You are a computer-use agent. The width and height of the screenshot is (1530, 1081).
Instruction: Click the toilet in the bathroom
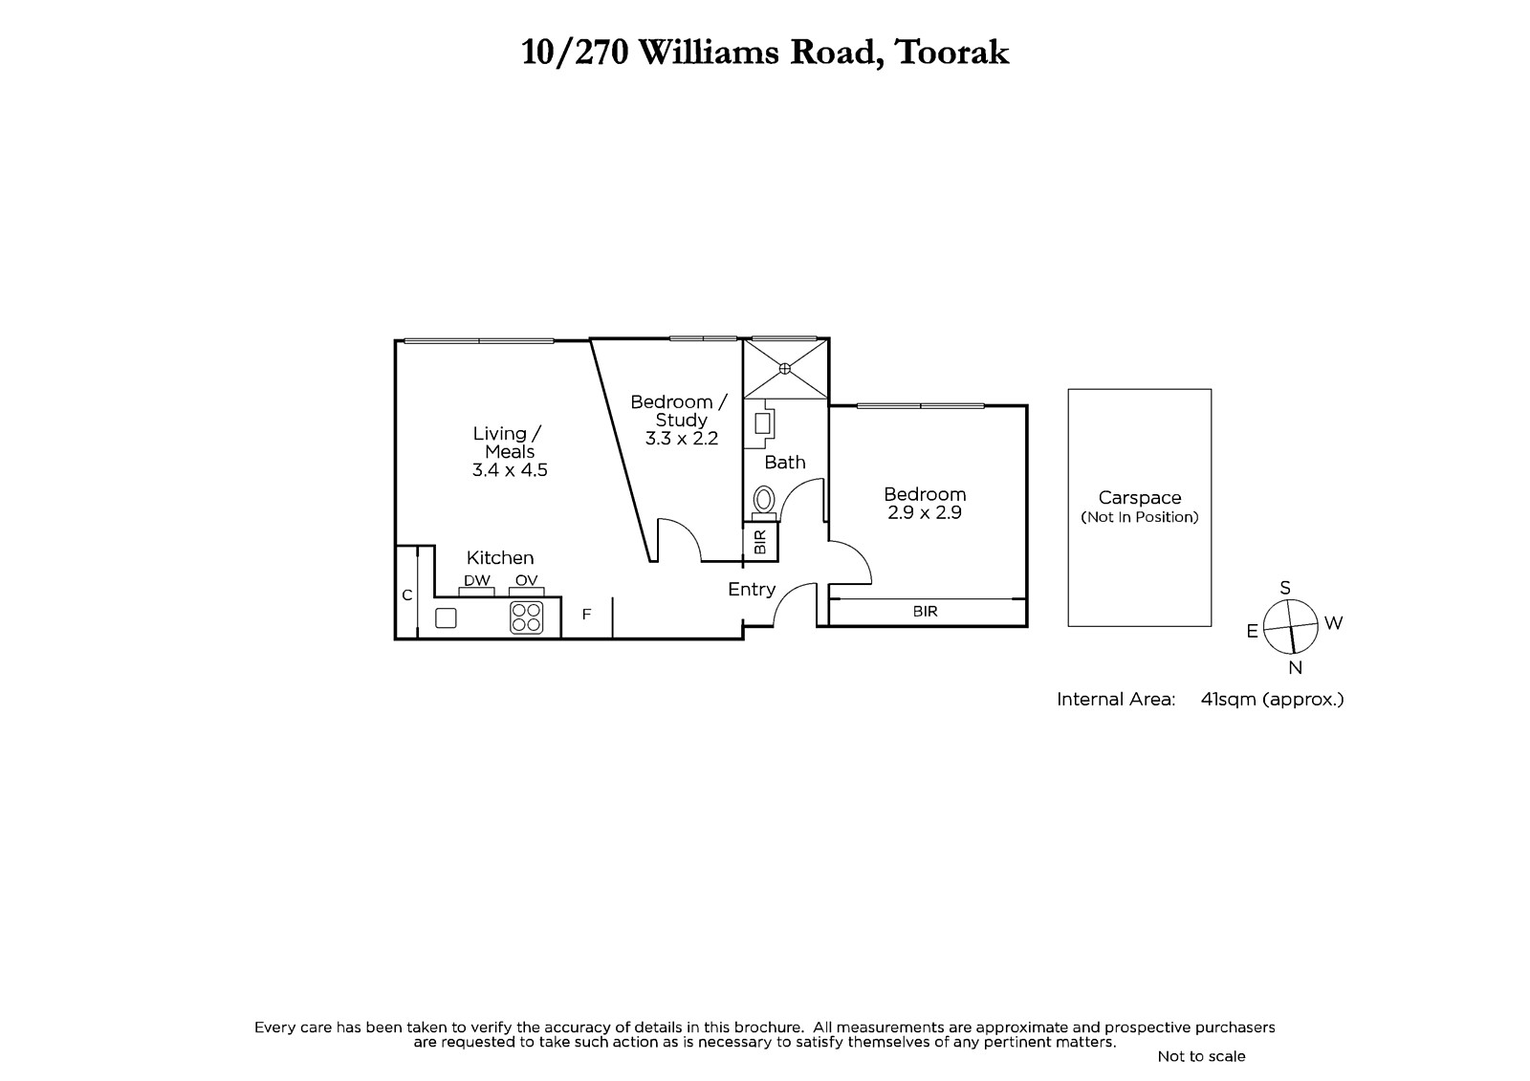point(764,504)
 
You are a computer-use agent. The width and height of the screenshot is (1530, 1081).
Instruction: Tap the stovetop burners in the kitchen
point(527,617)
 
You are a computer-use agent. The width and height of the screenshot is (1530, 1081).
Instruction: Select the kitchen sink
point(446,618)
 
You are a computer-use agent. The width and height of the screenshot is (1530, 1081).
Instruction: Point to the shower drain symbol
point(785,369)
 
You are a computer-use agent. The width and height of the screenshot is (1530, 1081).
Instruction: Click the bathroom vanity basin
point(762,423)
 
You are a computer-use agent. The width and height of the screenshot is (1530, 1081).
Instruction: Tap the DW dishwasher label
point(477,580)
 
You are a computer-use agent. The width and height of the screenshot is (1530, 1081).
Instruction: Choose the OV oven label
point(527,580)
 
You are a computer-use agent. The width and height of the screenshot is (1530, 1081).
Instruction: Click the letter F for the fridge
point(586,615)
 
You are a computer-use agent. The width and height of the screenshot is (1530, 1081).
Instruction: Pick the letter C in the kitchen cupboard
point(407,595)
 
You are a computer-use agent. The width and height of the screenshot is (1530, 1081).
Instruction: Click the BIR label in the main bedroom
point(926,611)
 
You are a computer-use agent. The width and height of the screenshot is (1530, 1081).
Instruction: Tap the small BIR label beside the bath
point(760,542)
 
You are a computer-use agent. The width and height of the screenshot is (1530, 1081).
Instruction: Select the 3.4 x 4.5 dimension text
point(510,470)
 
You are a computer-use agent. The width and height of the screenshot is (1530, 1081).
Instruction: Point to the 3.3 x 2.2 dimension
point(682,439)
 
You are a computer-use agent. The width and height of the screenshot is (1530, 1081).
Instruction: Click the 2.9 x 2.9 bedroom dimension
point(925,512)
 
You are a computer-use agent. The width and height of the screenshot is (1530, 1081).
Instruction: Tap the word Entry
point(752,590)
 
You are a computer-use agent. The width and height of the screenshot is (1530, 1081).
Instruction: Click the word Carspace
point(1140,498)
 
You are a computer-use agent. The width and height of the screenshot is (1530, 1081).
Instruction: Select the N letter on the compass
point(1295,668)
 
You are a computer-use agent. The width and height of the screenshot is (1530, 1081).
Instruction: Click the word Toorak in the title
point(952,52)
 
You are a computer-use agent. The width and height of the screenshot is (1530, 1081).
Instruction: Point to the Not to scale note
point(1201,1056)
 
